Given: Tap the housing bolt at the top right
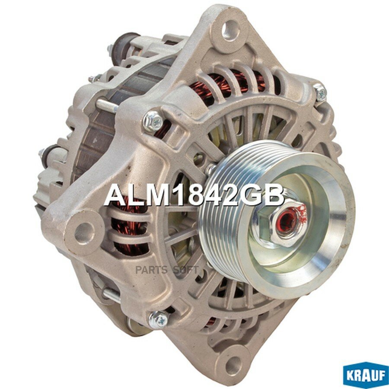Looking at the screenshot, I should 320,92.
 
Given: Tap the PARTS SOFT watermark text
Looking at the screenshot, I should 167,270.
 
